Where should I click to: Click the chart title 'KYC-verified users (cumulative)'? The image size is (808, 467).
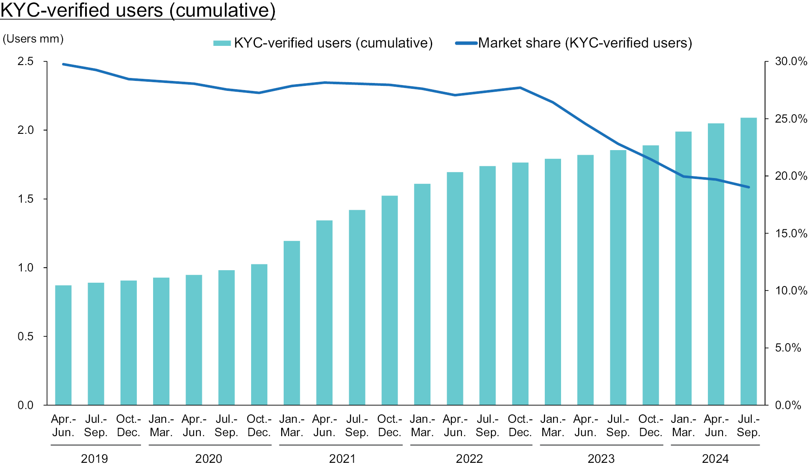[138, 10]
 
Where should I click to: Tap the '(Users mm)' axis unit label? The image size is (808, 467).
[33, 39]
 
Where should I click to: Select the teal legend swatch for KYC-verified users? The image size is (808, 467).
[222, 43]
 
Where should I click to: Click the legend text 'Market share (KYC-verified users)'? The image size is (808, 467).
[585, 43]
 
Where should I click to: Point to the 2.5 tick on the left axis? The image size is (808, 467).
[25, 61]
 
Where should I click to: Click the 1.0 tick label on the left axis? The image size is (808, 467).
[25, 268]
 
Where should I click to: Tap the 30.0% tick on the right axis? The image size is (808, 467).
[791, 61]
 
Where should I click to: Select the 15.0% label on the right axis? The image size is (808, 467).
[791, 233]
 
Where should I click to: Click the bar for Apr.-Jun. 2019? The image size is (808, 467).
[63, 345]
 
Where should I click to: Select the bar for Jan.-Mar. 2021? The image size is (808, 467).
[292, 323]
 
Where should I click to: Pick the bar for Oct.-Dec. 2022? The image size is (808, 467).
[520, 284]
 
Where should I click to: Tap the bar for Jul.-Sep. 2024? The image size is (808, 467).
[749, 261]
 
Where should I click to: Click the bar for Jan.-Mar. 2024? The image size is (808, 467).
[683, 268]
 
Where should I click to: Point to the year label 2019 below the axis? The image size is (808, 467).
[95, 459]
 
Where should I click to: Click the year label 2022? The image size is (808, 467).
[470, 459]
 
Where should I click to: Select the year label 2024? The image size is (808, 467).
[715, 459]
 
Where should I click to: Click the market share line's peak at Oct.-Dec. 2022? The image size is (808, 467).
[520, 88]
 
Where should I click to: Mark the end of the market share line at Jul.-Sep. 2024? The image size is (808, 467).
[749, 187]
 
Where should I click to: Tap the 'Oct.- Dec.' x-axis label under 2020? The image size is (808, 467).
[259, 425]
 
